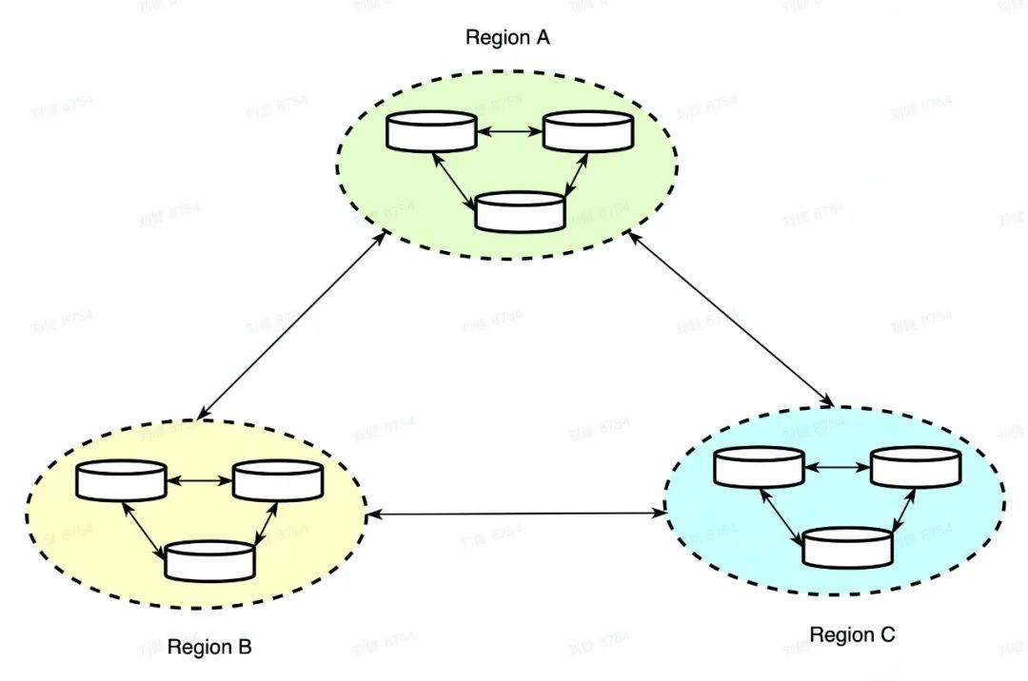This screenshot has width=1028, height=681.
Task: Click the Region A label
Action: pos(507,38)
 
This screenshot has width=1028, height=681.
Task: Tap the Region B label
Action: pos(209,648)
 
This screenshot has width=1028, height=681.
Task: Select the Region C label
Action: pos(852,634)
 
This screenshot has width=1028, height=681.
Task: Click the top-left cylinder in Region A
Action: pos(431,131)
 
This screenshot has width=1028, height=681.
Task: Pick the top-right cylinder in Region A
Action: pos(588,131)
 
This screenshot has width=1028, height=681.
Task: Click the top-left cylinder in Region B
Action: pos(122,480)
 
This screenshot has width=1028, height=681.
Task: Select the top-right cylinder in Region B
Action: pos(278,480)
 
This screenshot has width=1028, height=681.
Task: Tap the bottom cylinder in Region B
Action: pos(210,561)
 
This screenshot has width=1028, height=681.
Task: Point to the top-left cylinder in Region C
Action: pos(760,466)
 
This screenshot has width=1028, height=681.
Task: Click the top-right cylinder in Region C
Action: pos(916,466)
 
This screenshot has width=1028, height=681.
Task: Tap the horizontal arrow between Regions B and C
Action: pos(516,515)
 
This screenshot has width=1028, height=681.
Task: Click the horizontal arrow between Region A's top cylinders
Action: pos(509,131)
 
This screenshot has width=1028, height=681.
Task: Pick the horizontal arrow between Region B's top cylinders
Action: pos(200,480)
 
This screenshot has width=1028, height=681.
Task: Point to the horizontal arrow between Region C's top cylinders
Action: pos(838,466)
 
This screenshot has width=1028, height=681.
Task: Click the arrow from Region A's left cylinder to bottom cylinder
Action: pos(456,179)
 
